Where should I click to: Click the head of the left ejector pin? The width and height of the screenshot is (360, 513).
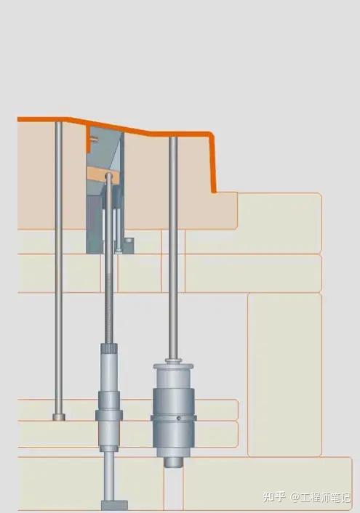[x=59, y=417]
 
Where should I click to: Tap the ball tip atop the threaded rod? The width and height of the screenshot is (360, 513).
[x=109, y=177]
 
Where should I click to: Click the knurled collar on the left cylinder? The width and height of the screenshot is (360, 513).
[x=109, y=350]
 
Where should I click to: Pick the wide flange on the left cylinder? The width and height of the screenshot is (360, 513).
[x=109, y=416]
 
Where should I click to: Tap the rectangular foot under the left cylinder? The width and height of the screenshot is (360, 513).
[x=114, y=505]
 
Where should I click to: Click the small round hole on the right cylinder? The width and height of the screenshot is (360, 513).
[x=178, y=418]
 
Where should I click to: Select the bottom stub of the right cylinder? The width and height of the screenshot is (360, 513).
[x=173, y=462]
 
